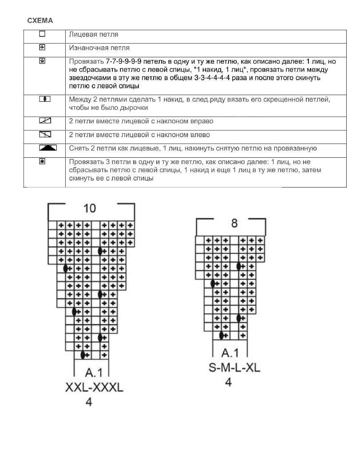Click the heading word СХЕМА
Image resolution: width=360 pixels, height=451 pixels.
[x=40, y=20]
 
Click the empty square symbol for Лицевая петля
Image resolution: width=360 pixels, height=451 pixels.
[x=42, y=34]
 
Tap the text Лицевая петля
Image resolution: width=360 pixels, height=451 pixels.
[x=94, y=34]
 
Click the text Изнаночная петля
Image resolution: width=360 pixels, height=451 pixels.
[x=99, y=48]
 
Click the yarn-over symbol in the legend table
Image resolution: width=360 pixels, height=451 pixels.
[x=45, y=99]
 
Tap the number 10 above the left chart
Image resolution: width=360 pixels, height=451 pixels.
[x=90, y=208]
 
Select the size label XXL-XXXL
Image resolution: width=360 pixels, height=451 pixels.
[x=94, y=388]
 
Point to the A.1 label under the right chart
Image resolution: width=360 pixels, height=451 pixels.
[x=230, y=353]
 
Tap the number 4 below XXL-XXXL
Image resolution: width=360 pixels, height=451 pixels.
[x=88, y=403]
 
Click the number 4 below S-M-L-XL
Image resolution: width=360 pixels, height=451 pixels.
[x=228, y=382]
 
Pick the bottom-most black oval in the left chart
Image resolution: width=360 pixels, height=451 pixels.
[x=83, y=355]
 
